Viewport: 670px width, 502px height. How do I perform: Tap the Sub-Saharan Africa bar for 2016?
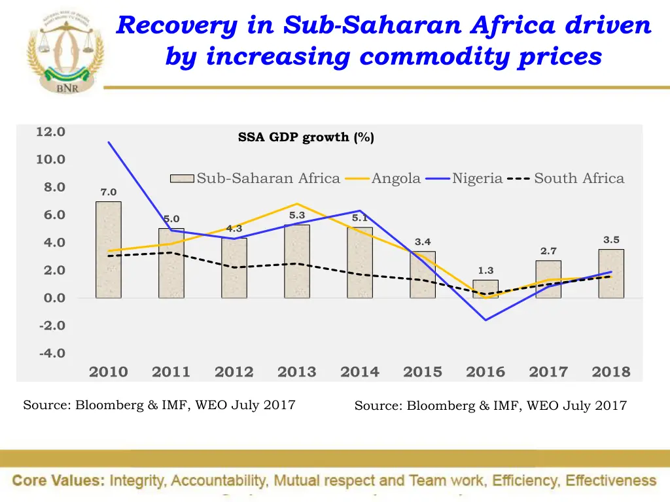[x=485, y=289]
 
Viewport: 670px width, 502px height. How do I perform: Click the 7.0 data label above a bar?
[x=109, y=192]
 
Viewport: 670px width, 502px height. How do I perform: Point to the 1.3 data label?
[x=485, y=271]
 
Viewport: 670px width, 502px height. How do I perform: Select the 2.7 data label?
[x=548, y=251]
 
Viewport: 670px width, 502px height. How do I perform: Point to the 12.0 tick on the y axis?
[x=50, y=132]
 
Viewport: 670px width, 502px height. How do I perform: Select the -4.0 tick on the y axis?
[x=52, y=354]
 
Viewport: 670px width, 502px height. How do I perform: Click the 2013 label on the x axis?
[x=296, y=372]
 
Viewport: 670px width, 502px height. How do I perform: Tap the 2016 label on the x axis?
[x=485, y=372]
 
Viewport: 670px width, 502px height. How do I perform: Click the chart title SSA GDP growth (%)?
[x=306, y=137]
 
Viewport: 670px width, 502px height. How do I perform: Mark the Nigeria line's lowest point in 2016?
[x=485, y=320]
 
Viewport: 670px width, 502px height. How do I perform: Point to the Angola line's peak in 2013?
[x=297, y=204]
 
